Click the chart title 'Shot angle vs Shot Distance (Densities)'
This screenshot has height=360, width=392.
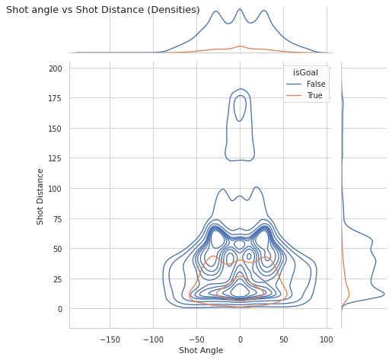[103, 10]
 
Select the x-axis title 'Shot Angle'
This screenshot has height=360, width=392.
[201, 350]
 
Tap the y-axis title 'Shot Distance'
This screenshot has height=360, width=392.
[40, 197]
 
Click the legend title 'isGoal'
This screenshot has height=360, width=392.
[305, 72]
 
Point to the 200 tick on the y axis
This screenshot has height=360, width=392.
[56, 68]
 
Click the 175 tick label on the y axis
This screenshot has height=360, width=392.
[55, 98]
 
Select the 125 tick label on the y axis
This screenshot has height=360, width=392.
[55, 159]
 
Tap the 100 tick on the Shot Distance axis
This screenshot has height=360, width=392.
[55, 189]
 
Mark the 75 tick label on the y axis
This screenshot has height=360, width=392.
[58, 219]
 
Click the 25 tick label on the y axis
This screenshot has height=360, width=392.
[58, 279]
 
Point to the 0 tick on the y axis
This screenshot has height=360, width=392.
[60, 309]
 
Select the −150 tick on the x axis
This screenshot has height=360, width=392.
[110, 339]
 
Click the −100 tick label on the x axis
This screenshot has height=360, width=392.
[153, 339]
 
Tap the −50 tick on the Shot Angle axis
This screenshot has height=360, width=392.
[196, 339]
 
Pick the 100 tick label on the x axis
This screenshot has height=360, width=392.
[327, 339]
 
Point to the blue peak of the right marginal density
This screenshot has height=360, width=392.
[384, 294]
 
